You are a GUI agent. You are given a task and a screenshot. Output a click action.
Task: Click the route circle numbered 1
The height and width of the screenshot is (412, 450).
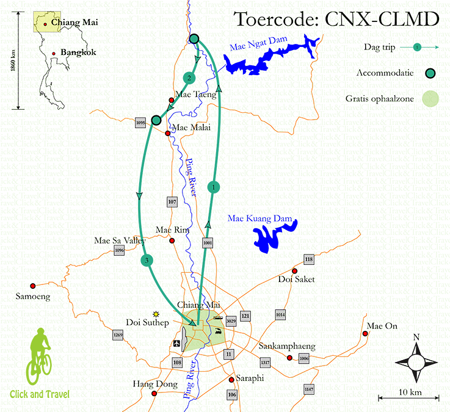coord(213,187)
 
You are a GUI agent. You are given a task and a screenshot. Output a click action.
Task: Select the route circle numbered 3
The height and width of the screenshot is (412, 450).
coord(147,261)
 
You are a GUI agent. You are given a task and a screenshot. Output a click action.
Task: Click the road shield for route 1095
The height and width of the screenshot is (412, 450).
coord(141,123)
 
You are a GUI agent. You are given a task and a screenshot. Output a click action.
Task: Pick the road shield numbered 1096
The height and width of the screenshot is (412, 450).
coord(119,250)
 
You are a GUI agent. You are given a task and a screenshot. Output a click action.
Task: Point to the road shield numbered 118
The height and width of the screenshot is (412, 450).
coord(308,260)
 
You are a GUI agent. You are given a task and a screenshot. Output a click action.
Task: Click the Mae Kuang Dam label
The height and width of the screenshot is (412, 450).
coord(257,219)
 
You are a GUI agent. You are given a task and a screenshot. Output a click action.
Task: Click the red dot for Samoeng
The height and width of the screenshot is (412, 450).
coord(33,285)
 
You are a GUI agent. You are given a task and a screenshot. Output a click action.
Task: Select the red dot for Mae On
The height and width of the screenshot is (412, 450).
coord(366,333)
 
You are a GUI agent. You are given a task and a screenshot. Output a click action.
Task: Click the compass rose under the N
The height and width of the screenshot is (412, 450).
coord(416,362)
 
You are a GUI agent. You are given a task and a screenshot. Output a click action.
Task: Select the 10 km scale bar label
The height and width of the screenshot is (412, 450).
coord(408,391)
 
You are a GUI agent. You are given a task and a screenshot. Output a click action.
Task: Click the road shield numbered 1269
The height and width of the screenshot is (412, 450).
coord(118,335)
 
